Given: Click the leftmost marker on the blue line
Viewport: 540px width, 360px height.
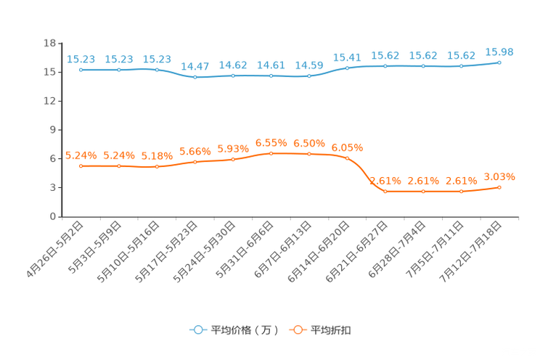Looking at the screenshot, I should pos(81,70).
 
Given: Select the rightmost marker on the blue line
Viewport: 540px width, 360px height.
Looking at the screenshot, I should pos(499,62).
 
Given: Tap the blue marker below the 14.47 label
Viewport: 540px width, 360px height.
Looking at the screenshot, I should pos(195,76).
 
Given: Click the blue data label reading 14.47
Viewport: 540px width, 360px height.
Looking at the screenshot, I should pos(195,66).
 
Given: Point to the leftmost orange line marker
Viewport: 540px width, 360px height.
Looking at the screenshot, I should pos(81,165).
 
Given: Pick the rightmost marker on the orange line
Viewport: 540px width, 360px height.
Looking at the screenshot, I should pos(499,187).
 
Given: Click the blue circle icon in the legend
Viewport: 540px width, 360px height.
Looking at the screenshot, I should pos(197,330).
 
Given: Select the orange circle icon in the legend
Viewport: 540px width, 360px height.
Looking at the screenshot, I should pos(297,330).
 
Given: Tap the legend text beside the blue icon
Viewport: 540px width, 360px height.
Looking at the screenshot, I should pos(243,330).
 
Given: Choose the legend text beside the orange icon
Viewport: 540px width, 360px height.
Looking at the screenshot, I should pos(331,330).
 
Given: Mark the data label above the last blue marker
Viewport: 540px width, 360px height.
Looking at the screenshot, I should pos(499,52).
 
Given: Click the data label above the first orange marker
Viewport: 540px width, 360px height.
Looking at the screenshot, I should pos(81,155).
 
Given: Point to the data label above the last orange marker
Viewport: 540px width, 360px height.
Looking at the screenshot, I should pos(499,176).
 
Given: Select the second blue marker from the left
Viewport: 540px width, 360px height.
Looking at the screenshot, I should pos(118,70).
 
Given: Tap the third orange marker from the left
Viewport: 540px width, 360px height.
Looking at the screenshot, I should pos(157,167).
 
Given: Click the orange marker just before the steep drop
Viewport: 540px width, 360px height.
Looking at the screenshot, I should pos(347,157).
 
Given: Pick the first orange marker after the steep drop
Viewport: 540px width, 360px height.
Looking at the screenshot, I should pos(385,192).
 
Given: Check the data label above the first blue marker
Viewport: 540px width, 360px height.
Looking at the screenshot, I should pos(81,59).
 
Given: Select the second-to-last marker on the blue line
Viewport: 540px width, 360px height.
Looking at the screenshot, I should pos(461,67).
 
